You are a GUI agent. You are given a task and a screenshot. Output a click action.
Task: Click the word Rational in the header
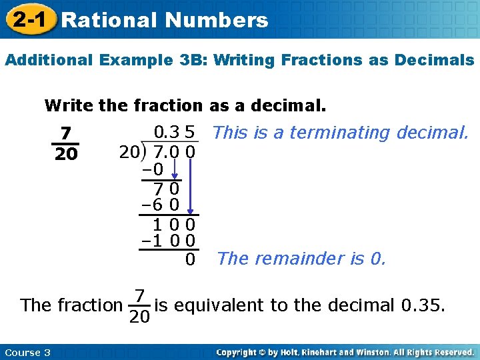pos(107,20)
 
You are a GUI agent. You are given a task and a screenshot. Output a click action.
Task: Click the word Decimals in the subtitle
pos(433,60)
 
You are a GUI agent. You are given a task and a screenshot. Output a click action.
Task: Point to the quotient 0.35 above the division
pos(174,132)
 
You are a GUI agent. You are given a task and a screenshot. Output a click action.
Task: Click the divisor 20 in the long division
pos(129,153)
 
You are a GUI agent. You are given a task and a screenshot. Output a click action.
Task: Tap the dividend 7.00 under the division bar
pos(174,153)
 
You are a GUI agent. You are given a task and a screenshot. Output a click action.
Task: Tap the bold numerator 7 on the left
pos(65,133)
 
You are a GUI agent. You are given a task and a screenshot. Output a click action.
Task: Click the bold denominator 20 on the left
pos(65,154)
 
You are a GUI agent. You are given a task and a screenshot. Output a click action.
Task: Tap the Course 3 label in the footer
pos(27,352)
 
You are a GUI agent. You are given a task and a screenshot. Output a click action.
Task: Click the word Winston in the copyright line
pos(385,352)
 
